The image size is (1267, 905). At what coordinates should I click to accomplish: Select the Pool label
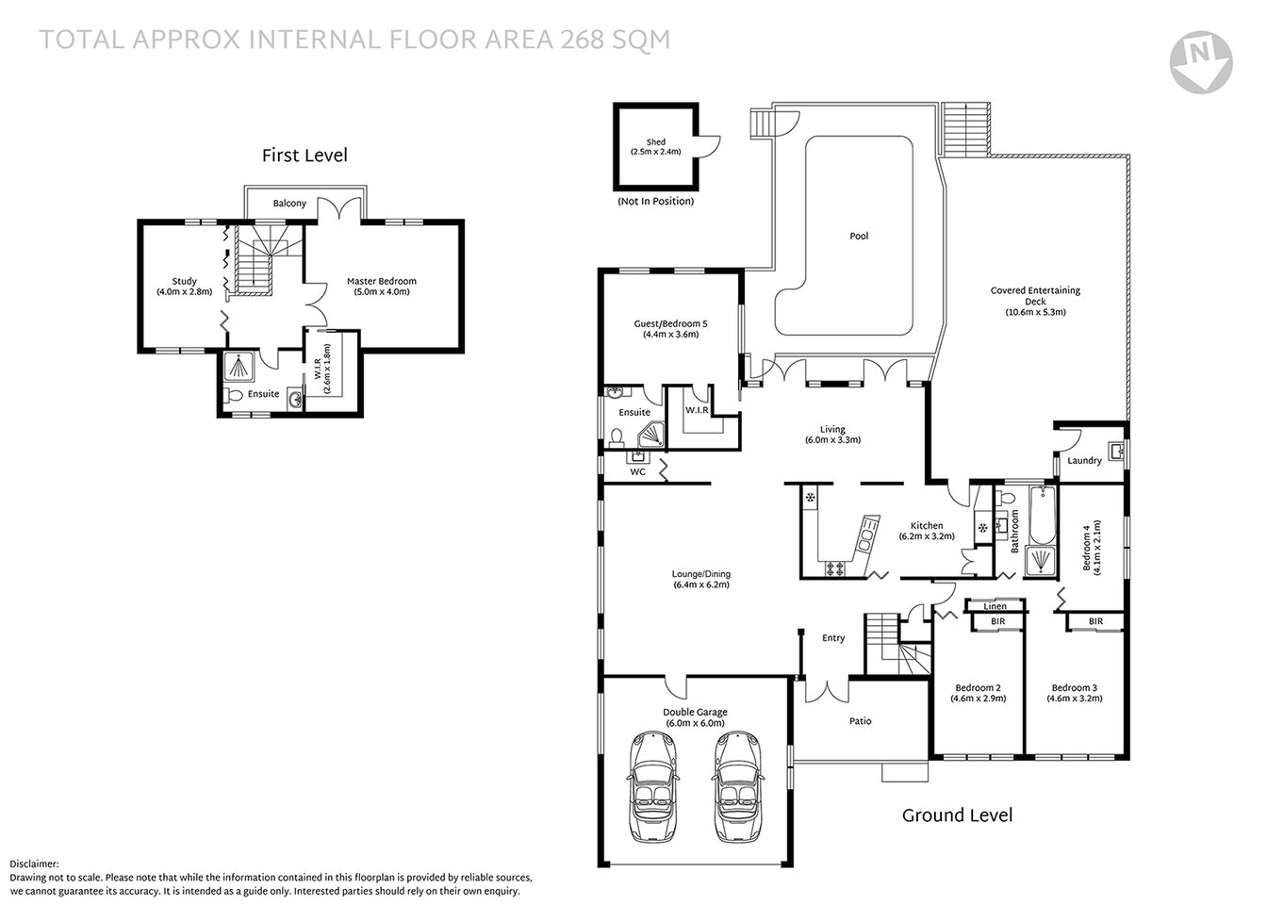point(859,237)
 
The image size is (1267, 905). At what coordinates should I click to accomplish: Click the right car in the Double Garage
point(738,776)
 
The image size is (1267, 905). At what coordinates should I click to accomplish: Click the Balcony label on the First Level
point(289,204)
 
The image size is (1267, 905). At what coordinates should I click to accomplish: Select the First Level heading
point(304,156)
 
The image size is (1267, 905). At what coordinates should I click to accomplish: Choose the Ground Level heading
point(957,815)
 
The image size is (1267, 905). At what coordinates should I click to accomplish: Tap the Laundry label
point(1084,461)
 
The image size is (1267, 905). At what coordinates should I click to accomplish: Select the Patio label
point(860,721)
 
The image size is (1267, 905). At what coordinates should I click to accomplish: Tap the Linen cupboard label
point(995,606)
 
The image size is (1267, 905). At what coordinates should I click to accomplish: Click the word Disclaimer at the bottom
point(34,864)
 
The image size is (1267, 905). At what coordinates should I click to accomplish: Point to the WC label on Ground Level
point(637,471)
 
